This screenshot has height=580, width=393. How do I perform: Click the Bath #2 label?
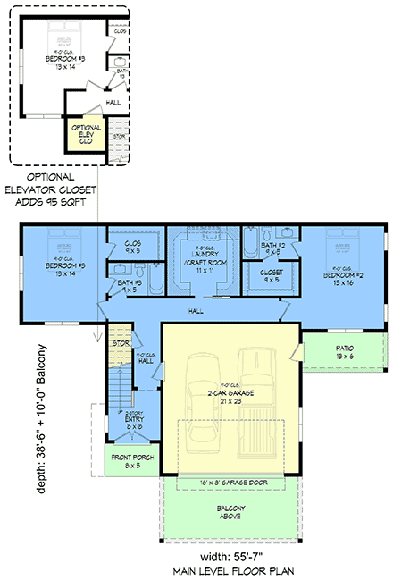(273, 248)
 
